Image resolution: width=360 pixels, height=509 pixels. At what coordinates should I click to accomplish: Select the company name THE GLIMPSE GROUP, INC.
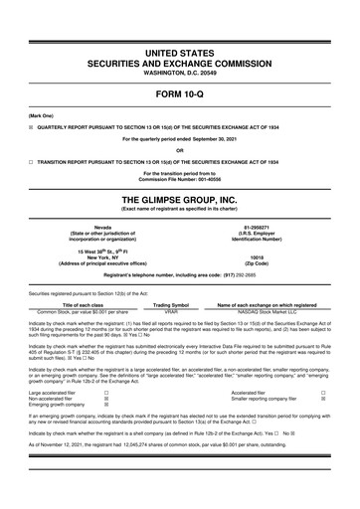pos(180,198)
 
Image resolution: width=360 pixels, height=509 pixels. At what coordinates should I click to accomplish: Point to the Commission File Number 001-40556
pos(180,179)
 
